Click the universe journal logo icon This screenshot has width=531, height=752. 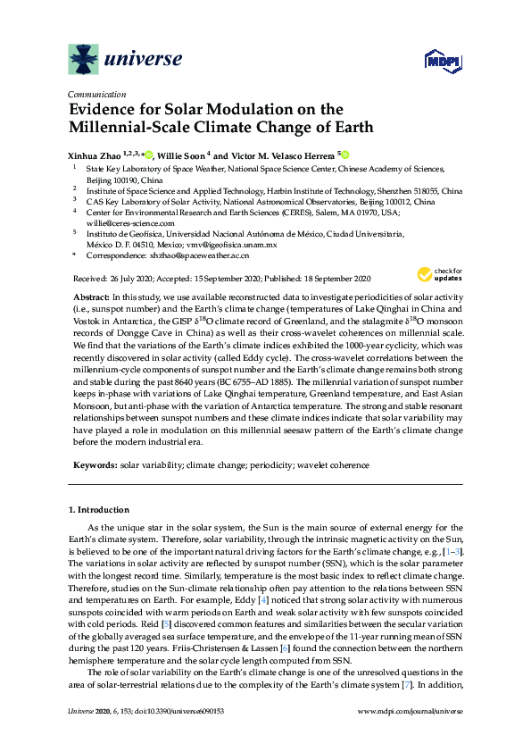[84, 60]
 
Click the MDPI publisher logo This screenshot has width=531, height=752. [435, 61]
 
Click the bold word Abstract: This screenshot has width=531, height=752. [89, 295]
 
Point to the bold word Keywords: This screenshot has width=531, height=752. [93, 465]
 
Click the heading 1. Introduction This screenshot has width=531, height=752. [99, 510]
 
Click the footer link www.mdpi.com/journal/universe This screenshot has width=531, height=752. [410, 736]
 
